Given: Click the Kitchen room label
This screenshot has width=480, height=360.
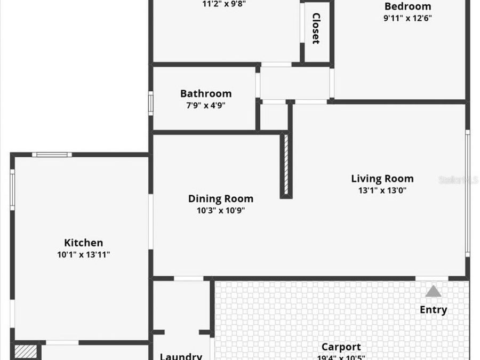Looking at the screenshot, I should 83,243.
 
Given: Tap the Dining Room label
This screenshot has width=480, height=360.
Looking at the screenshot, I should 220,198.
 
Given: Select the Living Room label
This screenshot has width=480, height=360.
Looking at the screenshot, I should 382,179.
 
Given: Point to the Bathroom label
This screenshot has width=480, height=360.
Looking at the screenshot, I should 205,93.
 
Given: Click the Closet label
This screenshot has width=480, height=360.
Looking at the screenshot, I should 316,28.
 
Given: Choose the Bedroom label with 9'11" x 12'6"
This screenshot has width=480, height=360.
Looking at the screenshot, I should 407,6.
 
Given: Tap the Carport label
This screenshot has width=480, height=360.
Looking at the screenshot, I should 341,347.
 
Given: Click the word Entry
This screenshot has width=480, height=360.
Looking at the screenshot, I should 433,310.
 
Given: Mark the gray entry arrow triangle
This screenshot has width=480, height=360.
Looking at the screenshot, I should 433,291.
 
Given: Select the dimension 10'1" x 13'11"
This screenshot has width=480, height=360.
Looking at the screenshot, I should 83,255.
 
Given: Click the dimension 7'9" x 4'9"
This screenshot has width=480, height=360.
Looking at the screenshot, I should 205,105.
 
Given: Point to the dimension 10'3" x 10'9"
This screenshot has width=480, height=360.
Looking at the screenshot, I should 220,210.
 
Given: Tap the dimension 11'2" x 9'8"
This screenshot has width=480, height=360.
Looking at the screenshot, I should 224,4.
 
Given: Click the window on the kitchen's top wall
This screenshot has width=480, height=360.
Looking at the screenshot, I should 52,155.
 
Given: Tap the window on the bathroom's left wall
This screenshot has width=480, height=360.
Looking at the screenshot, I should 151,103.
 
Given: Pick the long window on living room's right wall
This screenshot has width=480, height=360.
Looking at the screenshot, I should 467,193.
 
